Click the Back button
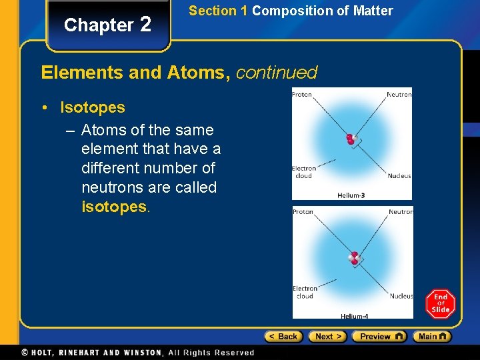point(283,337)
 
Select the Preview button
point(379,337)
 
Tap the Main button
point(431,337)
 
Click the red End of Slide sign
point(441,304)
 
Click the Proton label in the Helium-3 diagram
point(302,95)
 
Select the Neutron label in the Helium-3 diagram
point(399,95)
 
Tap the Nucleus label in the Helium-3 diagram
point(399,176)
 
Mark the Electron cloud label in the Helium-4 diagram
point(305,292)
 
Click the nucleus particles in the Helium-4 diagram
point(354,258)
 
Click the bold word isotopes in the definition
point(113,207)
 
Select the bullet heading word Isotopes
point(93,107)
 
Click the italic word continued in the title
point(276,72)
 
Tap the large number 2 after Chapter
point(146,25)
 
